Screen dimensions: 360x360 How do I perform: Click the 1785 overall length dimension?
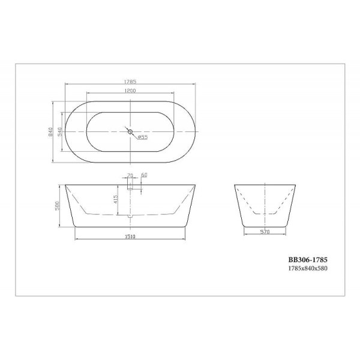point(130,82)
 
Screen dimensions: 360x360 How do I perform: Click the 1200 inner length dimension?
point(131,91)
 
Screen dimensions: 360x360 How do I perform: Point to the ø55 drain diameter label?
point(143,137)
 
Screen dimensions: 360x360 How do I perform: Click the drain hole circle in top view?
point(129,130)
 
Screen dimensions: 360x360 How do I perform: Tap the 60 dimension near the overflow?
point(144,176)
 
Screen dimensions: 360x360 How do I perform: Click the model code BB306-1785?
point(308,259)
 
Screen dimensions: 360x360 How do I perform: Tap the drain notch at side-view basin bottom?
point(130,215)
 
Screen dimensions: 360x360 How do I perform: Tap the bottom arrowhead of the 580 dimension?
point(61,227)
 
